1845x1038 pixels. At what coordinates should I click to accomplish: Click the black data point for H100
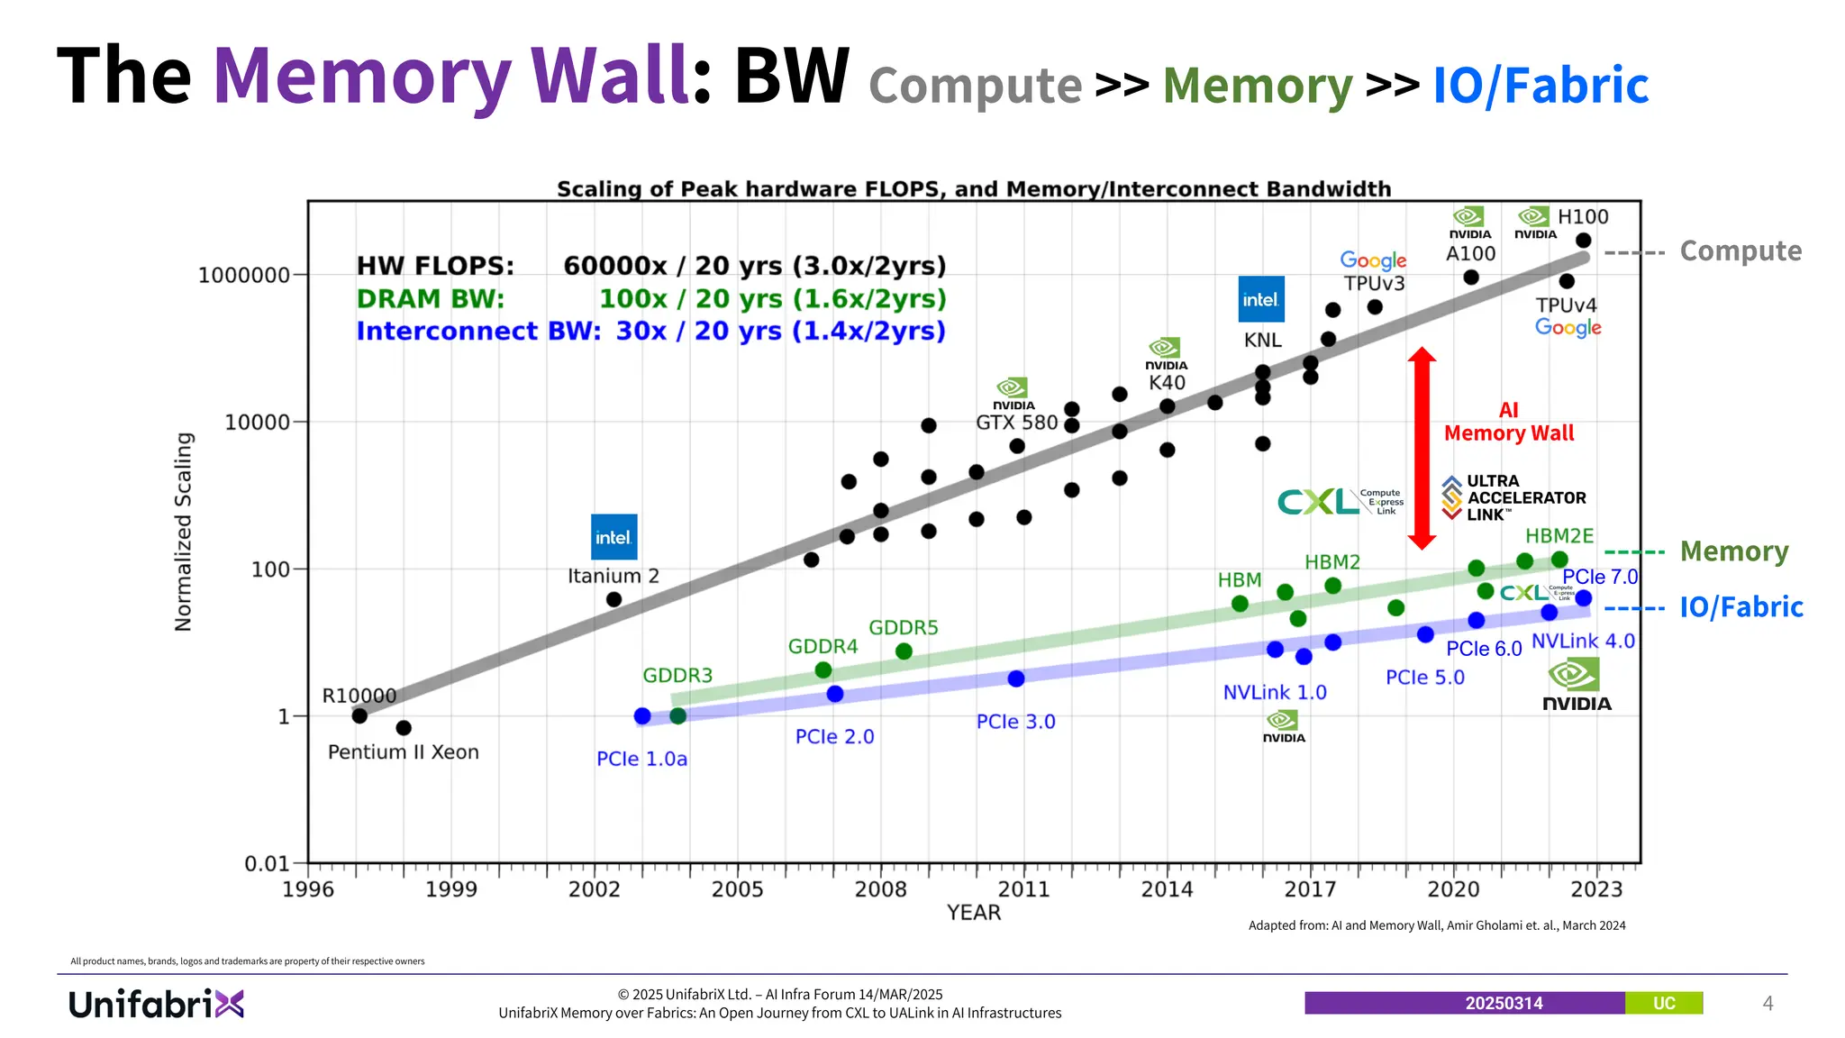point(1583,241)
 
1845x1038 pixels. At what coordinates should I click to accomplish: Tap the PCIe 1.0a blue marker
point(642,716)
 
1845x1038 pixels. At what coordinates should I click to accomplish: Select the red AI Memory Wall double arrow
point(1422,448)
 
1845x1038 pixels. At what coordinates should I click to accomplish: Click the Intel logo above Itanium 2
point(613,537)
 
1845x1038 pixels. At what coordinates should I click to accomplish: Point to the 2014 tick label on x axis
point(1167,889)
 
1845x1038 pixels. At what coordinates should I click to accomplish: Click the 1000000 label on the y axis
point(244,275)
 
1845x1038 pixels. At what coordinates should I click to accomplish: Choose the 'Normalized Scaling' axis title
point(184,532)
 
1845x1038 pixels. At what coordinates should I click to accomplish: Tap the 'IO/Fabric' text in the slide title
point(1541,86)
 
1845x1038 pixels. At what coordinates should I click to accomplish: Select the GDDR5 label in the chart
point(903,627)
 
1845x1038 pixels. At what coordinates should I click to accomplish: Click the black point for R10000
point(359,716)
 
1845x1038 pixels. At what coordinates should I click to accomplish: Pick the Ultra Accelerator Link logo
point(1513,497)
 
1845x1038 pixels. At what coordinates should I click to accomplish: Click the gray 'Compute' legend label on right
point(1740,251)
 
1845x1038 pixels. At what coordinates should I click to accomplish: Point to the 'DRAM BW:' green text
point(431,298)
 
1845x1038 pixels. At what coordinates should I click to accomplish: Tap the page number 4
point(1768,1004)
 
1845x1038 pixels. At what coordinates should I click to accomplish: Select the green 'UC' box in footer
point(1663,1004)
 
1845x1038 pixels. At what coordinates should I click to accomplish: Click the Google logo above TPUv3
point(1373,260)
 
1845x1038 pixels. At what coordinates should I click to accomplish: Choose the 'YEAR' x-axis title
point(974,913)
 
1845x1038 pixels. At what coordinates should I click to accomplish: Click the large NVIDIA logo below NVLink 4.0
point(1576,686)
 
